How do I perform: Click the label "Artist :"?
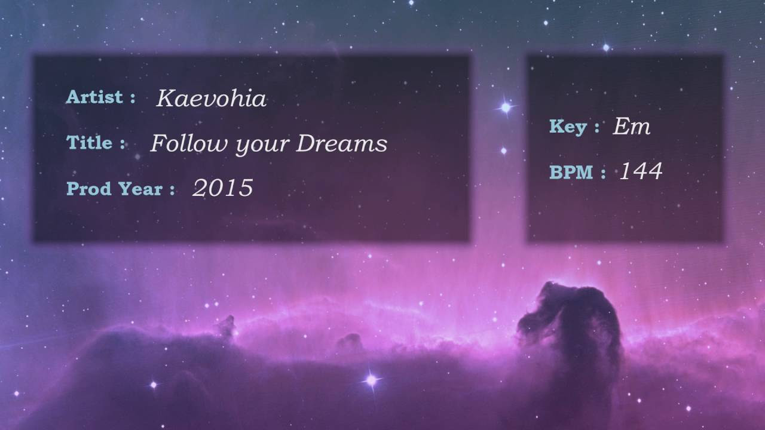point(101,97)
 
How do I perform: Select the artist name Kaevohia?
point(212,99)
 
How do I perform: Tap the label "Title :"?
point(96,142)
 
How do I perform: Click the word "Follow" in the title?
point(189,143)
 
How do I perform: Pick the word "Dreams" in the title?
point(341,143)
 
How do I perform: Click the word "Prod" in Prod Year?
point(89,188)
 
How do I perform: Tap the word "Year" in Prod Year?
point(140,188)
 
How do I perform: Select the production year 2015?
point(223,188)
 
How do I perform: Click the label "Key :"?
point(574,127)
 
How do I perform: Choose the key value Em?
point(632,126)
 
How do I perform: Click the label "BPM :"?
point(577,172)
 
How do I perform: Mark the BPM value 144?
point(641,171)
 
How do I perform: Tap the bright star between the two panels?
point(506,107)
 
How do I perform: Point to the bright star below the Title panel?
point(372,379)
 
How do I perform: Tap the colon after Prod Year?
point(172,190)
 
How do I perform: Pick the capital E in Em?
point(622,126)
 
